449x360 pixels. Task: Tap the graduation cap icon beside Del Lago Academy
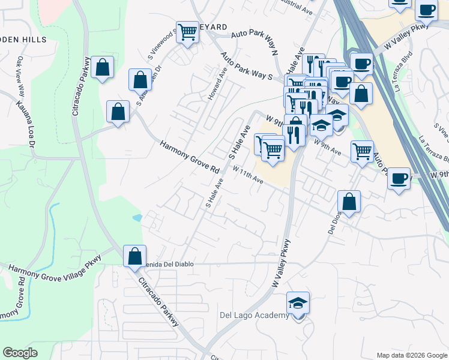298,304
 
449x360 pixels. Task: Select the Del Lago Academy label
255,316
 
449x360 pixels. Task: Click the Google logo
20,353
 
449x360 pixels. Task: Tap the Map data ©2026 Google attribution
412,355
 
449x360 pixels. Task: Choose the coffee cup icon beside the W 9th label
399,178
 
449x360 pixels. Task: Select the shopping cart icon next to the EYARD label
188,32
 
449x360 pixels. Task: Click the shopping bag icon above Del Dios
349,203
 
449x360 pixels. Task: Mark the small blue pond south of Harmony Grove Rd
138,217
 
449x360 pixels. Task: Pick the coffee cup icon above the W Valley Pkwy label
427,11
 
